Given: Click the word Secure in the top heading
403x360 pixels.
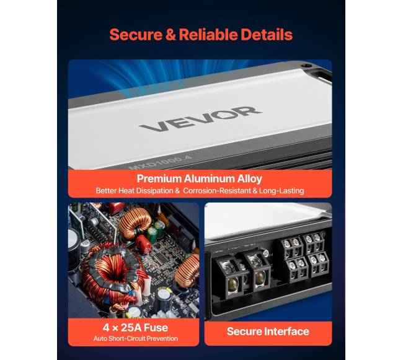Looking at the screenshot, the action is [x=136, y=35].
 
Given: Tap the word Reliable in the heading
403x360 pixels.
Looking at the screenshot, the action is [x=208, y=35].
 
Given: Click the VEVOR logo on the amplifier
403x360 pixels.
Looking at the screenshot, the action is [x=200, y=119].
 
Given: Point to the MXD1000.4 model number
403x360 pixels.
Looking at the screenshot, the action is [x=160, y=162].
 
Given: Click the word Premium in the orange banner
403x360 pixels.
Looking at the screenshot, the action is [x=159, y=178].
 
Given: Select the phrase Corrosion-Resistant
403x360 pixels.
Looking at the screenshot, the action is [x=217, y=191].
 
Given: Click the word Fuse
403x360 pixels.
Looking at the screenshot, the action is [x=156, y=328].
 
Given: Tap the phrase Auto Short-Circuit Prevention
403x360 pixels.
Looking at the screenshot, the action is [x=136, y=338].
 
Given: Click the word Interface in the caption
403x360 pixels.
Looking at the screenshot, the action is [x=287, y=331].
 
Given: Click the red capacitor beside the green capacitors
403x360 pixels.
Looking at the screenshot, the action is [x=143, y=244].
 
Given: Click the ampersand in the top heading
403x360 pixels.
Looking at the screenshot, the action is [x=170, y=35].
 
